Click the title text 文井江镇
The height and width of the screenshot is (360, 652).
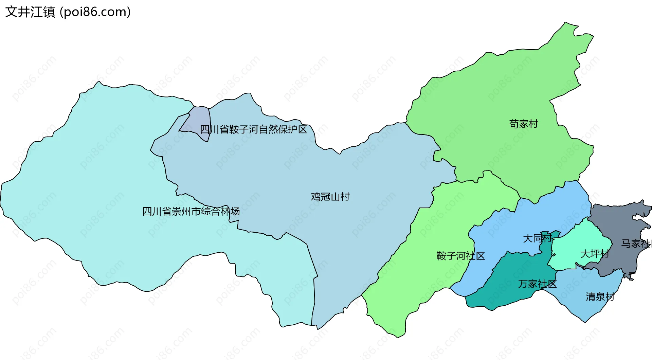click(x=30, y=12)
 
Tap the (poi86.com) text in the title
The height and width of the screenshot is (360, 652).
click(x=95, y=12)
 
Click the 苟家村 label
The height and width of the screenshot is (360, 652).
click(x=524, y=124)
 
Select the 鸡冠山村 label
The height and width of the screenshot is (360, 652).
click(x=330, y=197)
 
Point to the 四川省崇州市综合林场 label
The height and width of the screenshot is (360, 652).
click(x=191, y=212)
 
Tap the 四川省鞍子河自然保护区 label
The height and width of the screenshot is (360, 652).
click(x=253, y=129)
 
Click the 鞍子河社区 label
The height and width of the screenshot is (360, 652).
click(x=460, y=256)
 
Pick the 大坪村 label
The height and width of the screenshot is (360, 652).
click(x=595, y=254)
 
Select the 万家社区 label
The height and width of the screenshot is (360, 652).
click(x=537, y=284)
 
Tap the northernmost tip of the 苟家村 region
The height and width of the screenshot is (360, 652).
click(x=566, y=23)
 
